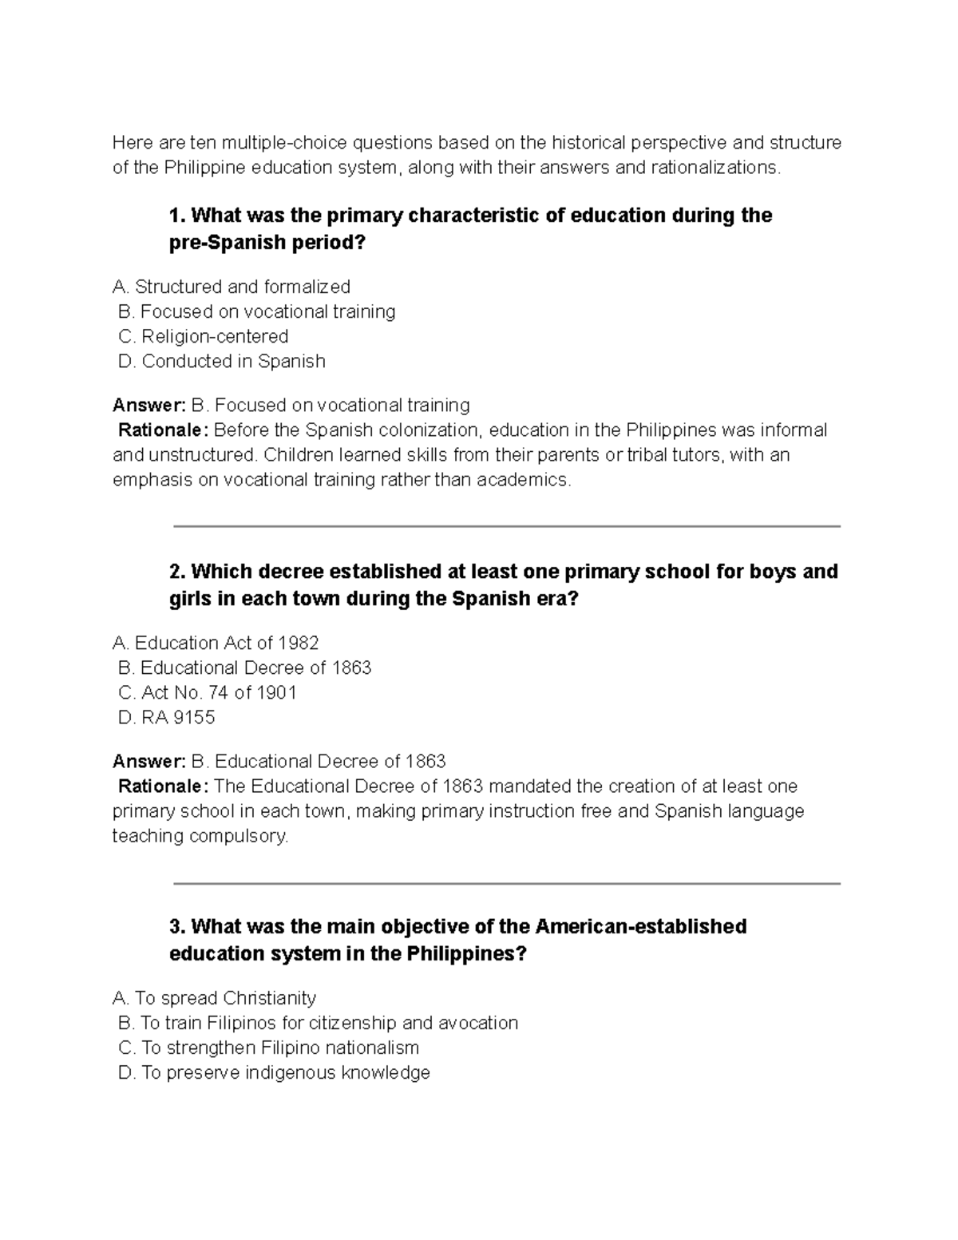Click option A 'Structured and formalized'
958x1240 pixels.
(x=232, y=287)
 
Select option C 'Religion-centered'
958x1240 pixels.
(x=203, y=336)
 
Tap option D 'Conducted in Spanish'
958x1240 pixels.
(x=221, y=361)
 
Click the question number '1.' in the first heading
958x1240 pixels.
(x=178, y=216)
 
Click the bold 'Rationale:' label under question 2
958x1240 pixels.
(x=163, y=786)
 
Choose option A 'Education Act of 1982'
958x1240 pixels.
(x=216, y=643)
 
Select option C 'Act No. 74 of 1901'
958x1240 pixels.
(x=207, y=692)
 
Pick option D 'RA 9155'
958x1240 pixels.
(x=166, y=717)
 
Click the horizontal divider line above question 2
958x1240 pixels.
(x=506, y=526)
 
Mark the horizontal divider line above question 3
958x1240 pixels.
(x=506, y=883)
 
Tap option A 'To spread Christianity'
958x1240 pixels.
(x=215, y=998)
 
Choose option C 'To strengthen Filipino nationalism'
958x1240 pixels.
(x=268, y=1048)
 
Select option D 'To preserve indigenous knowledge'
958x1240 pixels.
(x=274, y=1072)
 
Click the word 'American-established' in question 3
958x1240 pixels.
(x=640, y=927)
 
